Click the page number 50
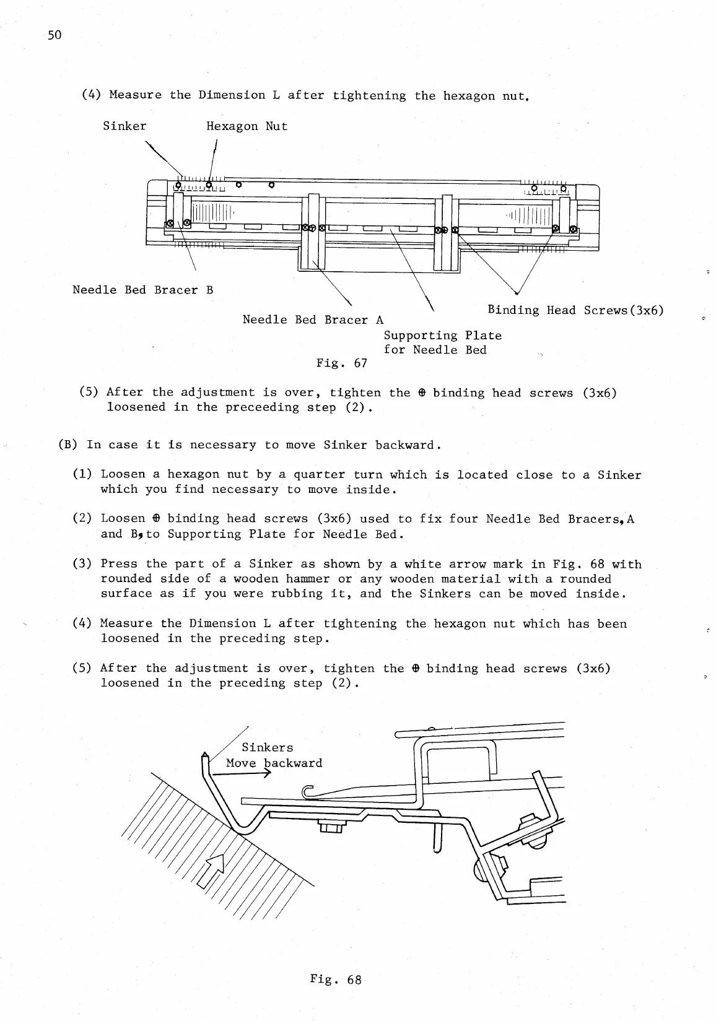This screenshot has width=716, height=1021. click(55, 35)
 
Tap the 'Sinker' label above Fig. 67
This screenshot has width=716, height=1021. click(124, 126)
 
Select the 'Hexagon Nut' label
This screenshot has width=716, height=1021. click(247, 126)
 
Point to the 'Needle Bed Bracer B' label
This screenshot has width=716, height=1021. click(143, 290)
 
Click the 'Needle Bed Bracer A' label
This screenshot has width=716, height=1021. click(313, 319)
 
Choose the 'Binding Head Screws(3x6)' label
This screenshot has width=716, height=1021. click(575, 310)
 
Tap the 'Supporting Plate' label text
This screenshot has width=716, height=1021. click(442, 336)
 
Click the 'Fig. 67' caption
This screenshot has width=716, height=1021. click(341, 363)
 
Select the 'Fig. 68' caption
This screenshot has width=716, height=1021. click(336, 979)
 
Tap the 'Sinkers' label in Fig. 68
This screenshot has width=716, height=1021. click(267, 747)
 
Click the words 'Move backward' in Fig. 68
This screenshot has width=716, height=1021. click(274, 763)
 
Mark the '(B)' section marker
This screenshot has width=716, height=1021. click(67, 445)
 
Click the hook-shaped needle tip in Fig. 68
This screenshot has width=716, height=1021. click(308, 791)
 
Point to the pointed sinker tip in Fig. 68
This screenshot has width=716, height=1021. click(205, 756)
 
